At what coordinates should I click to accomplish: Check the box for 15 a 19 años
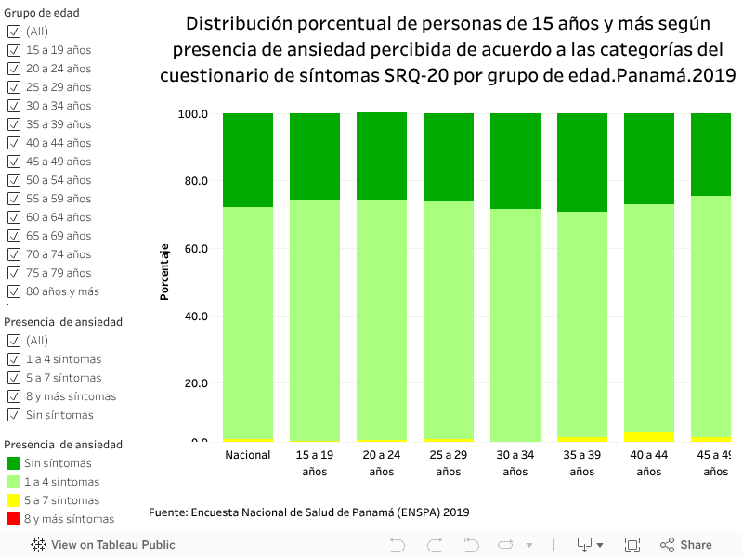(13, 50)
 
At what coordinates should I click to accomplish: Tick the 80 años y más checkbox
(13, 291)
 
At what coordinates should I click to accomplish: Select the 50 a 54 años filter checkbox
(13, 180)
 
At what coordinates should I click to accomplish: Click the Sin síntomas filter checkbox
(13, 415)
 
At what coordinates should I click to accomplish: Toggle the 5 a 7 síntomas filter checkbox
(13, 378)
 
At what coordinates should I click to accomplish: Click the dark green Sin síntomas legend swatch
(13, 463)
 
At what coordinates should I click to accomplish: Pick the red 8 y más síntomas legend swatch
(13, 519)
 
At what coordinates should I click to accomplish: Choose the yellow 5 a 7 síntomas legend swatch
(13, 500)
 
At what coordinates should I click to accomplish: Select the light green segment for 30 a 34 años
(515, 325)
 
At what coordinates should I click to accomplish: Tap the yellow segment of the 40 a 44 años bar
(649, 436)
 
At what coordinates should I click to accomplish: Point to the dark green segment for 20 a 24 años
(382, 156)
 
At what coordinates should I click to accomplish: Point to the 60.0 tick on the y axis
(192, 249)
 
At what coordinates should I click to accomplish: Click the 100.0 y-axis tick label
(190, 114)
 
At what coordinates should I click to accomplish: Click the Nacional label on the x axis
(248, 455)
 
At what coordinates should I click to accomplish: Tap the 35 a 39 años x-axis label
(582, 463)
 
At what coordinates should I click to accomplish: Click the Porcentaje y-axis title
(164, 273)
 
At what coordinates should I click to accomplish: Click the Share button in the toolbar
(686, 545)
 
